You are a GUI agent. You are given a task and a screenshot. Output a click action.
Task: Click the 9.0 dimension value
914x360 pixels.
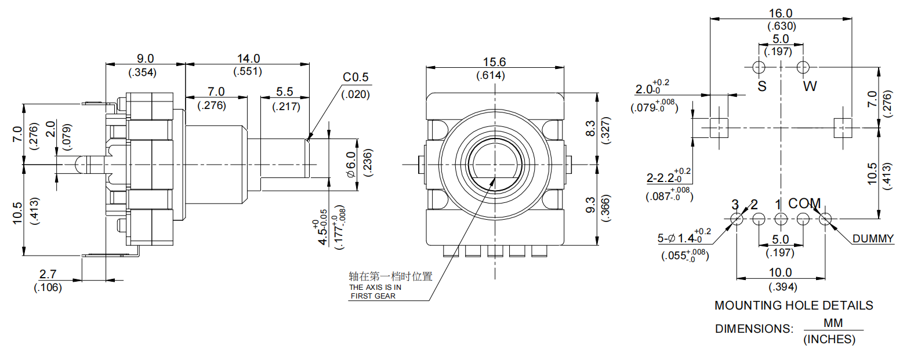click(145, 59)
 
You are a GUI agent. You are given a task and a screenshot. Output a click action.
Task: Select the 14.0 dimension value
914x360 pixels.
click(248, 59)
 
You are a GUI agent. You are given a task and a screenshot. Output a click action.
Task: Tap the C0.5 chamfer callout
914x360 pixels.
click(356, 77)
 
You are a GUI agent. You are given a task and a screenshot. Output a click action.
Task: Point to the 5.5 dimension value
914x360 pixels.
click(285, 92)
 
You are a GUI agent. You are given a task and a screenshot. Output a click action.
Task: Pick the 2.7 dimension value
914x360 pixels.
click(48, 274)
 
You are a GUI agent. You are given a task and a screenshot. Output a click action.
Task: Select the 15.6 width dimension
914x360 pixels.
click(494, 62)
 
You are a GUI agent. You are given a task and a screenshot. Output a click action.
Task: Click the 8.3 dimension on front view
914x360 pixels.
click(590, 128)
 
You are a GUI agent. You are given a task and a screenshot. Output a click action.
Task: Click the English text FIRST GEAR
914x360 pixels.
click(373, 296)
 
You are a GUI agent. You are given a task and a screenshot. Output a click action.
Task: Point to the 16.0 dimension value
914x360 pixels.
click(781, 13)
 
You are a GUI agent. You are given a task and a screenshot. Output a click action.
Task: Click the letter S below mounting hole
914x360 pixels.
click(762, 86)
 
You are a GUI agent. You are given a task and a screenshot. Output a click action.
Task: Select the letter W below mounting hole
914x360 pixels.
click(810, 86)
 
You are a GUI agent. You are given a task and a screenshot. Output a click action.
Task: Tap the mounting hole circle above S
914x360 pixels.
click(759, 67)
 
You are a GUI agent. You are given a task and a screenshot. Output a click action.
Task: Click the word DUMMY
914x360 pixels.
click(873, 238)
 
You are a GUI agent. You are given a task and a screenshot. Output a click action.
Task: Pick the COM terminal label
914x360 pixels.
click(804, 203)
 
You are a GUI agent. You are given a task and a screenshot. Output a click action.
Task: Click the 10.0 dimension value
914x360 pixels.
click(780, 272)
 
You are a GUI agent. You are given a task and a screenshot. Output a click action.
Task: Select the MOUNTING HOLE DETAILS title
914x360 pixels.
click(793, 306)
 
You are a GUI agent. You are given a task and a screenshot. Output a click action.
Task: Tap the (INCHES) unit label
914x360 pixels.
click(829, 339)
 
